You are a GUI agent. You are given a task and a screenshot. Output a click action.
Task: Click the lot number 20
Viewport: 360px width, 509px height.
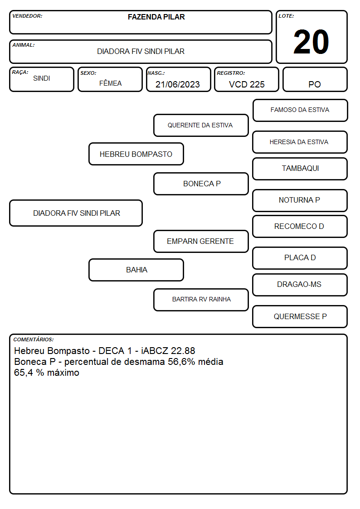point(311,42)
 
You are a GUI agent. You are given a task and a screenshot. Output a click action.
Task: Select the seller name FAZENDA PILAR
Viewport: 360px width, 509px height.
point(156,17)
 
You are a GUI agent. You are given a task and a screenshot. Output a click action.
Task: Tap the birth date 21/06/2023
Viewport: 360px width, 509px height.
point(178,84)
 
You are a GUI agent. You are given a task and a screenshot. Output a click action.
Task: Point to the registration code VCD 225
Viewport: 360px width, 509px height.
point(247,84)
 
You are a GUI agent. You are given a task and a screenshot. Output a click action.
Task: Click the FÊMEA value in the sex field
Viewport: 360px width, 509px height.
point(110,83)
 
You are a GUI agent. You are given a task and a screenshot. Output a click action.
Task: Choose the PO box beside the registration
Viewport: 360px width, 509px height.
point(315,79)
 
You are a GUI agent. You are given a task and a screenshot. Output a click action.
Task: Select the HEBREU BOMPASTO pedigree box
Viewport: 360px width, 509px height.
point(136,154)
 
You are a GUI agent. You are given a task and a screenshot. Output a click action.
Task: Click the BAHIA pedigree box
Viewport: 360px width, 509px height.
point(136,270)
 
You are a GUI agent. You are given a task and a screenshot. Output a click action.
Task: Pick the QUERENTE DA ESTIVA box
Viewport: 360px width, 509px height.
point(201,125)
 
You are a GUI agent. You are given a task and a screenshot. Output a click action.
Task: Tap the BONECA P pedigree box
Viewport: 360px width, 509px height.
point(201,184)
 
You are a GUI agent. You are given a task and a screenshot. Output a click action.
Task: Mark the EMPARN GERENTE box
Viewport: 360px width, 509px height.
point(201,242)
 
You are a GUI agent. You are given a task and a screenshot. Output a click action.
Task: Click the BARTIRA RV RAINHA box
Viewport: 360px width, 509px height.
point(201,300)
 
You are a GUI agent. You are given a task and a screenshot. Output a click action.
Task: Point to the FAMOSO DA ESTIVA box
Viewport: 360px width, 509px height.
point(300,111)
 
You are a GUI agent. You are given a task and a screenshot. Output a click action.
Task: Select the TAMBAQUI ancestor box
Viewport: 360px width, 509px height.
point(300,169)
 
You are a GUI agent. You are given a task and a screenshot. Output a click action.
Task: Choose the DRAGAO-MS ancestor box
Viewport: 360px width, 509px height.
point(300,285)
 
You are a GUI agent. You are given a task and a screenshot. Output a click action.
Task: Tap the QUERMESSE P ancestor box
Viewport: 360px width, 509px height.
point(300,316)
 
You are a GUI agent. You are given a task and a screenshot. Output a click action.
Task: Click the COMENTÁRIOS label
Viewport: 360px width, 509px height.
point(34,339)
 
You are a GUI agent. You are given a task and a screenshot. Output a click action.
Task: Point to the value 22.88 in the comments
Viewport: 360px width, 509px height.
point(183,351)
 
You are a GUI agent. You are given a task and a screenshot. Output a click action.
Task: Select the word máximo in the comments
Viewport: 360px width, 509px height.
point(63,373)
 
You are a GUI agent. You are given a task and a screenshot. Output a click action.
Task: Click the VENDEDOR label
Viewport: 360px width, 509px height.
point(27,16)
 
